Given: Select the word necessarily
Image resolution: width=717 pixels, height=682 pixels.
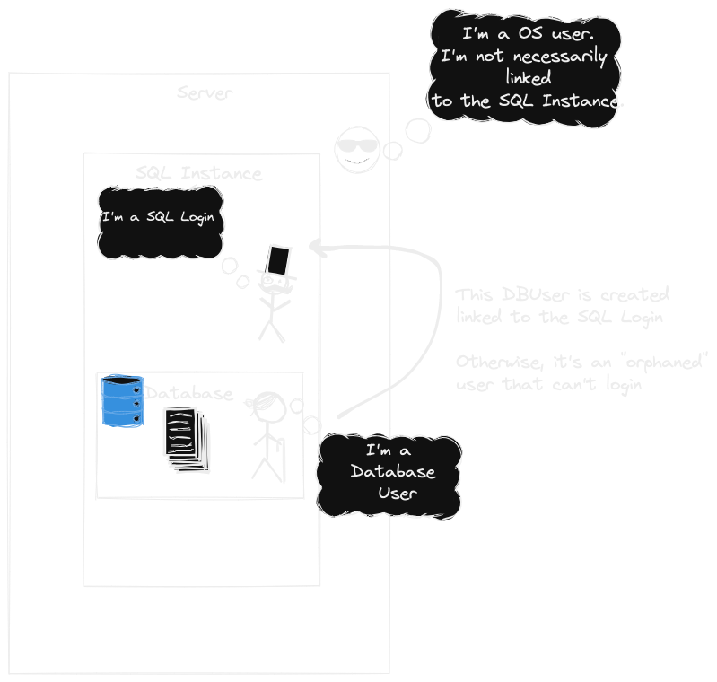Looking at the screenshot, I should [x=564, y=57].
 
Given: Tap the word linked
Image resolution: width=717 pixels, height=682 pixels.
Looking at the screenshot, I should [x=528, y=79].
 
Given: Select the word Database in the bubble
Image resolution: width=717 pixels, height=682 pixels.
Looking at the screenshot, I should [x=393, y=472].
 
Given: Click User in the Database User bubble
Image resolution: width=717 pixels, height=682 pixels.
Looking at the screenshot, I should [x=398, y=493].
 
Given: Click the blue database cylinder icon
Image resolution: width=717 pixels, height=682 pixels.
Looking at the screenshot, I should [x=122, y=402].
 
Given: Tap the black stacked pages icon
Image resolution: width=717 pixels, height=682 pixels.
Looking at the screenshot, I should [x=185, y=438].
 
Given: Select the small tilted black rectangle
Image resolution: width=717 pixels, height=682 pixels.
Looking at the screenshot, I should [x=277, y=261].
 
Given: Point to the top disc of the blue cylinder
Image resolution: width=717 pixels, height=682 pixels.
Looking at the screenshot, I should [x=122, y=386].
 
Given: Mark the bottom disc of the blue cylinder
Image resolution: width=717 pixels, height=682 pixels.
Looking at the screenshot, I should [x=122, y=417].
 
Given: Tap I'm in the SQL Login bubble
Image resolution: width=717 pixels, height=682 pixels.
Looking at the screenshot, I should [x=113, y=217].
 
